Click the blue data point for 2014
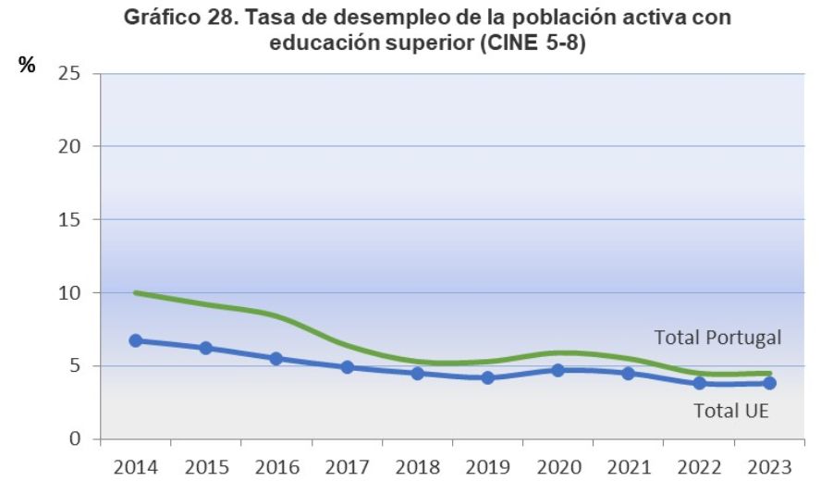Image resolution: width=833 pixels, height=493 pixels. click(136, 340)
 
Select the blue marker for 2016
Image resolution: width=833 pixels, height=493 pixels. click(276, 358)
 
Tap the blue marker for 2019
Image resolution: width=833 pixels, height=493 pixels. click(487, 377)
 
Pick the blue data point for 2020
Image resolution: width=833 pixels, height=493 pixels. click(557, 370)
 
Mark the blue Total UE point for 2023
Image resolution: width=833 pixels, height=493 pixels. click(769, 383)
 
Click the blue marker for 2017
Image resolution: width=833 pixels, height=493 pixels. click(347, 367)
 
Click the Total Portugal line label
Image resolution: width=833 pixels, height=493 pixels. click(717, 338)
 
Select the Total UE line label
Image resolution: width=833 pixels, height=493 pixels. click(731, 411)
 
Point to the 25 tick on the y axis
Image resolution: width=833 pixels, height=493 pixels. click(70, 73)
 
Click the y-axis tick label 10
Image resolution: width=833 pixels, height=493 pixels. click(70, 292)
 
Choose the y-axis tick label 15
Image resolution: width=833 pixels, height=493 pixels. click(70, 219)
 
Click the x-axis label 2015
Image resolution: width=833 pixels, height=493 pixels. click(206, 467)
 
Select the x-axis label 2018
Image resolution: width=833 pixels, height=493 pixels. click(417, 467)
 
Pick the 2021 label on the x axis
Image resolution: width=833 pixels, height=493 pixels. click(629, 467)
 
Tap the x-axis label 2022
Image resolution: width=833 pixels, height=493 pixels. click(699, 467)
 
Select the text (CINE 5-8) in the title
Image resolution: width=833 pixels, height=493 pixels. click(532, 43)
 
